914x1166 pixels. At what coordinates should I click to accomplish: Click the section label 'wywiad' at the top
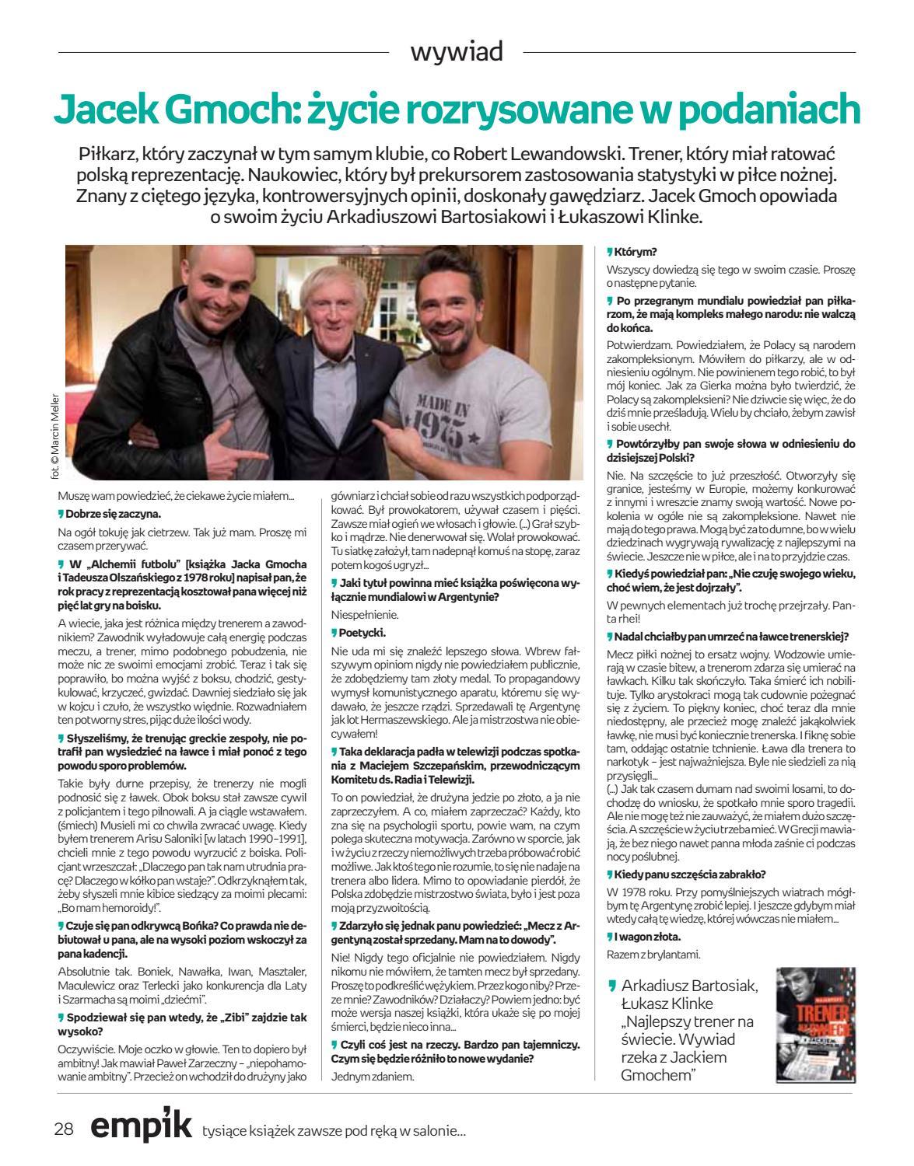pos(457,52)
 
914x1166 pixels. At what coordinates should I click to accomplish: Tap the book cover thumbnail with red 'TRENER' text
pos(816,1025)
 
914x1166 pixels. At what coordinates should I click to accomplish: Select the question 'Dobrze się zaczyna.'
pos(114,514)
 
